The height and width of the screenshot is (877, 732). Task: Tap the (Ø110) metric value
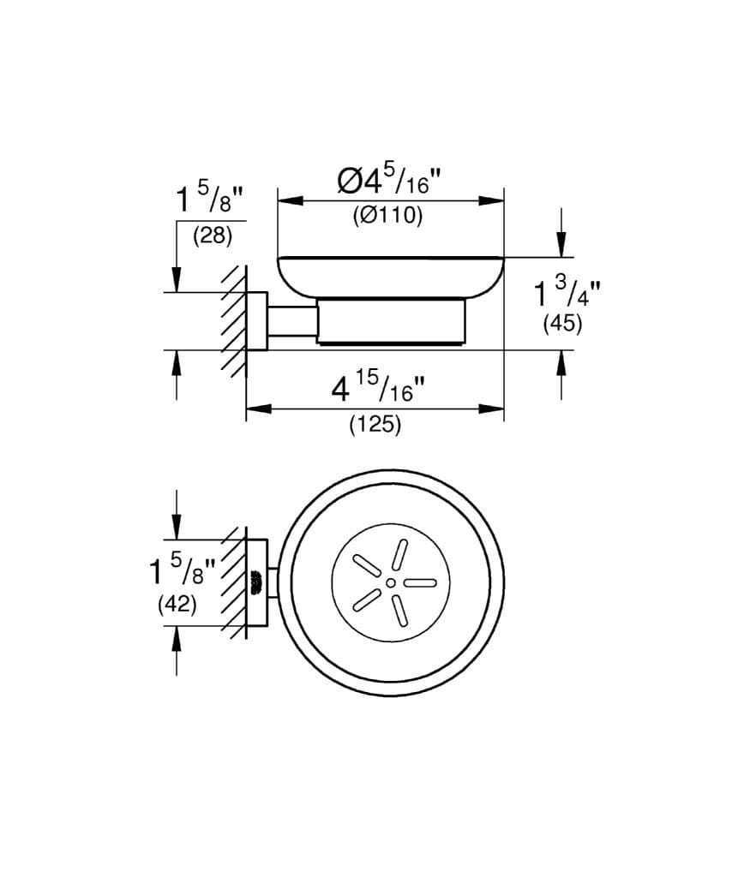click(387, 217)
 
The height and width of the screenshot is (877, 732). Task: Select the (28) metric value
click(213, 236)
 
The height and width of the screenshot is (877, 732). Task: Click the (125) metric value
click(375, 424)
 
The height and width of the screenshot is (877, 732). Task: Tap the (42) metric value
click(177, 603)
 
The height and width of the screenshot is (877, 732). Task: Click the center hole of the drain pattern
click(391, 582)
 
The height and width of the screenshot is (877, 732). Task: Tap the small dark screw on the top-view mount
click(254, 582)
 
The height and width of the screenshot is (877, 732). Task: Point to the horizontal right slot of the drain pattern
click(421, 582)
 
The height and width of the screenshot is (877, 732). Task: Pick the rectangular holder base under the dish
click(393, 322)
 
